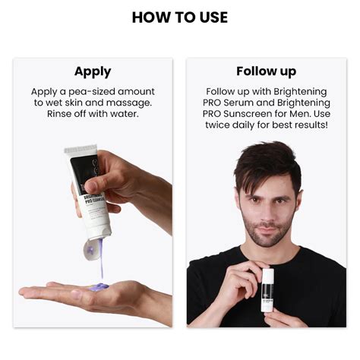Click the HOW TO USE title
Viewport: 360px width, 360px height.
[179, 17]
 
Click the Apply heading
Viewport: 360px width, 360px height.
[93, 71]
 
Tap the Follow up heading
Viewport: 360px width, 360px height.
[266, 71]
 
